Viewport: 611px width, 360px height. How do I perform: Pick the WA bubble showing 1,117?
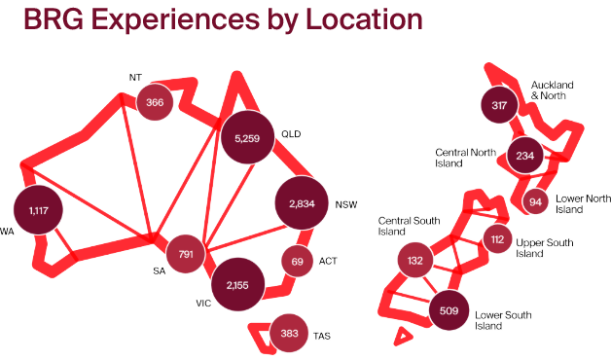tap(39, 210)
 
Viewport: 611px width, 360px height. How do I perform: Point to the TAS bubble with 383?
tap(288, 333)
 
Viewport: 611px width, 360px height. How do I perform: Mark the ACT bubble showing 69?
tap(297, 261)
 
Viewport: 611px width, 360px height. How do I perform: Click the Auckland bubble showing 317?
tap(500, 104)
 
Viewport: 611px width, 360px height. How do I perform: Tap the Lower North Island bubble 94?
tap(535, 201)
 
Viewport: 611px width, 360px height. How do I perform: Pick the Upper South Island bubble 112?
tap(497, 238)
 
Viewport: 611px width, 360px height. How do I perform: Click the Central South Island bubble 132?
tap(415, 260)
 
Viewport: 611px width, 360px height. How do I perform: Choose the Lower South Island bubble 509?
tap(449, 311)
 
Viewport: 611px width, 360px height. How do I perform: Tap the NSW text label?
tap(346, 205)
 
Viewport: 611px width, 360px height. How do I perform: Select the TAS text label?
tap(322, 336)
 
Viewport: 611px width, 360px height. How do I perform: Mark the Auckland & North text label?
tap(553, 90)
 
